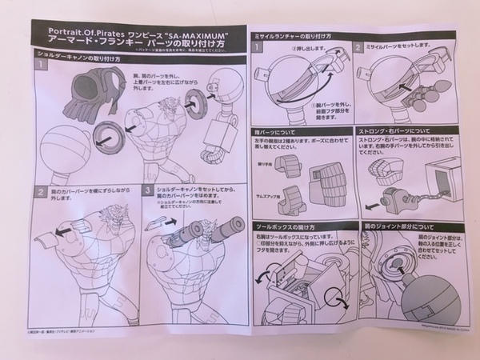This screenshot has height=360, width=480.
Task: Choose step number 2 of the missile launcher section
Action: pos(359,48)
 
